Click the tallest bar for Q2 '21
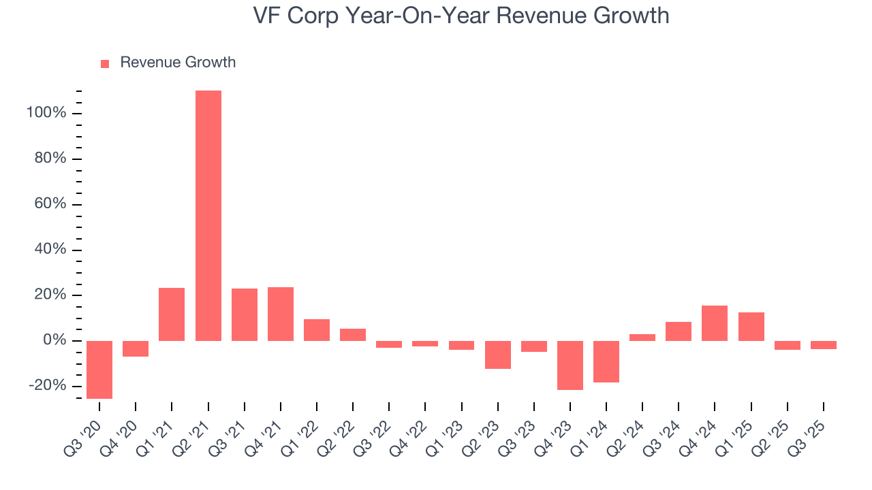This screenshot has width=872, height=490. click(x=208, y=216)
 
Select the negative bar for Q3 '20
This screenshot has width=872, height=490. click(x=99, y=370)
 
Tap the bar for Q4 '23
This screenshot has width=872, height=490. click(x=570, y=365)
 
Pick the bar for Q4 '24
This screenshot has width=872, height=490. click(x=715, y=323)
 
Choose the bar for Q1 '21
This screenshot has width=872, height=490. click(x=172, y=314)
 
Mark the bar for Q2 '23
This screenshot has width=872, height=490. click(x=498, y=355)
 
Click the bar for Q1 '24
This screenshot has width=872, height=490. click(x=606, y=361)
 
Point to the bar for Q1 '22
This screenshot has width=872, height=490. click(x=317, y=330)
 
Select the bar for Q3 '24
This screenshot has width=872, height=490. click(x=679, y=331)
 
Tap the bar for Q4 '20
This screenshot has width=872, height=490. click(x=136, y=348)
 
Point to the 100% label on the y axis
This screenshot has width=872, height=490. click(x=46, y=113)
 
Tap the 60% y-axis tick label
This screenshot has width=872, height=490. click(x=50, y=204)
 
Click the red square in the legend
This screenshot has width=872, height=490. click(x=105, y=63)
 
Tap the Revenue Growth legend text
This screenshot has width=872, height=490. click(x=178, y=63)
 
